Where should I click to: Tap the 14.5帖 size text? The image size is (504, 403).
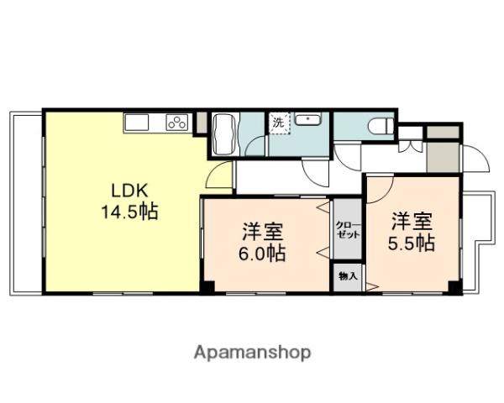[x=129, y=210]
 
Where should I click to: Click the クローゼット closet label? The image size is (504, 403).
[x=348, y=229]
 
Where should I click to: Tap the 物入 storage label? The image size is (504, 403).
[x=348, y=276]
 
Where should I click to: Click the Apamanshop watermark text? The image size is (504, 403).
[x=252, y=352]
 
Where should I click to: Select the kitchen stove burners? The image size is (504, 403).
[x=177, y=123]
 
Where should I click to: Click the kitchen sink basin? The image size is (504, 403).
[x=137, y=123]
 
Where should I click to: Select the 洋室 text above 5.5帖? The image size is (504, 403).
[x=412, y=222]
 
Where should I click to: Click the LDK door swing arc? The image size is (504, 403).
[x=218, y=176]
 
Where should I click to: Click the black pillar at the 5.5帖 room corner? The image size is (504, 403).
[x=454, y=287]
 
